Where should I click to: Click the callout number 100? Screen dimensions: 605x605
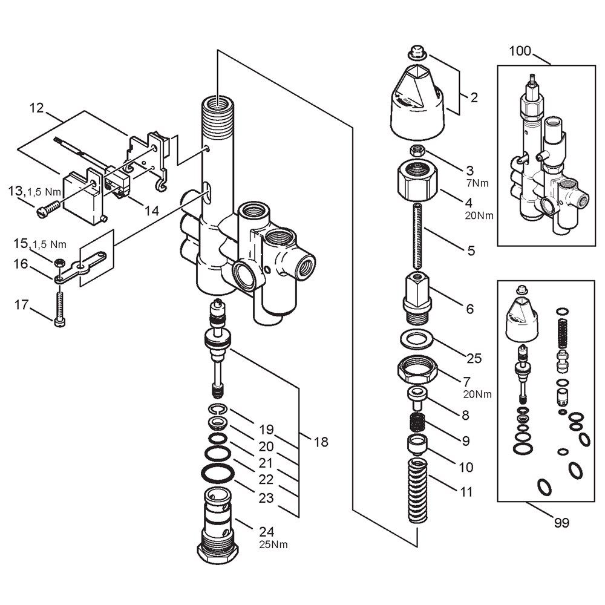point(520,51)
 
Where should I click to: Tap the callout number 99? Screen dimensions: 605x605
point(561,523)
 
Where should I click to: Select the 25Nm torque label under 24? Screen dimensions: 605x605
point(273,544)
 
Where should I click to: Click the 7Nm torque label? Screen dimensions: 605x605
point(477,183)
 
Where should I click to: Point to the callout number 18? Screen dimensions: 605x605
point(321,442)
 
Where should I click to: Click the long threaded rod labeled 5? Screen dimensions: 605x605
point(419,236)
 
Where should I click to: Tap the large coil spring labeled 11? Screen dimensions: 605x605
point(417,490)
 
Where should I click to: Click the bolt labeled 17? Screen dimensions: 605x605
point(60,309)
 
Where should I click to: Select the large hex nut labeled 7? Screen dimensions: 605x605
point(417,369)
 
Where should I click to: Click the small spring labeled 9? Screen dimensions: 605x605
point(417,422)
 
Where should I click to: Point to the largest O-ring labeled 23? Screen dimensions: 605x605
point(218,473)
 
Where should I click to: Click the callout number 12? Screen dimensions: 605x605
point(37,108)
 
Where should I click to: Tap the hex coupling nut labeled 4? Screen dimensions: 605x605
point(417,181)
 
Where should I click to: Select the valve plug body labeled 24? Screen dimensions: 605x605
point(218,526)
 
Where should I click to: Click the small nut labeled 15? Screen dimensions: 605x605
point(59,263)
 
